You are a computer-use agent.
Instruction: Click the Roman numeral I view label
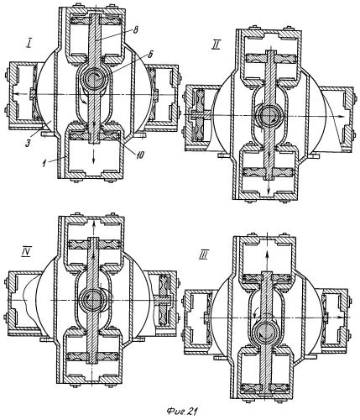[29, 45]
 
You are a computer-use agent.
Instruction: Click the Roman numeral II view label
[215, 45]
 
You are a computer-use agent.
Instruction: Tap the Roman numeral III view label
[202, 255]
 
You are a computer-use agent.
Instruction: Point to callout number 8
[135, 30]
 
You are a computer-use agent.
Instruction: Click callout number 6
[149, 55]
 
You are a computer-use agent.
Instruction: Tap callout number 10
[140, 155]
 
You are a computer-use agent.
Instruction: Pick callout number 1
[44, 165]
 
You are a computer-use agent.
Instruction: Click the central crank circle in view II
[269, 115]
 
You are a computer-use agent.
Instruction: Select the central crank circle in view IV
[92, 300]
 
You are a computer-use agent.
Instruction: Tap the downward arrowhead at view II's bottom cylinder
[269, 191]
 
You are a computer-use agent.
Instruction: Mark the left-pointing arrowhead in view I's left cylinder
[16, 94]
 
